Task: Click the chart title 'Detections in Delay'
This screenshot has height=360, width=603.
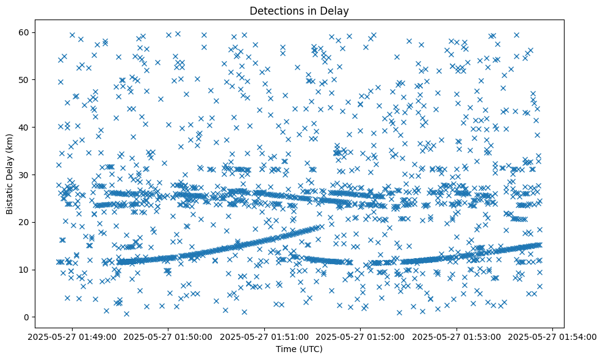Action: (x=299, y=10)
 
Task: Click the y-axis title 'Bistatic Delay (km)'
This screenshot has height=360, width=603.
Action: (x=10, y=174)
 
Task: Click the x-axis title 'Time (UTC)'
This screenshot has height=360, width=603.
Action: (x=299, y=350)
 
